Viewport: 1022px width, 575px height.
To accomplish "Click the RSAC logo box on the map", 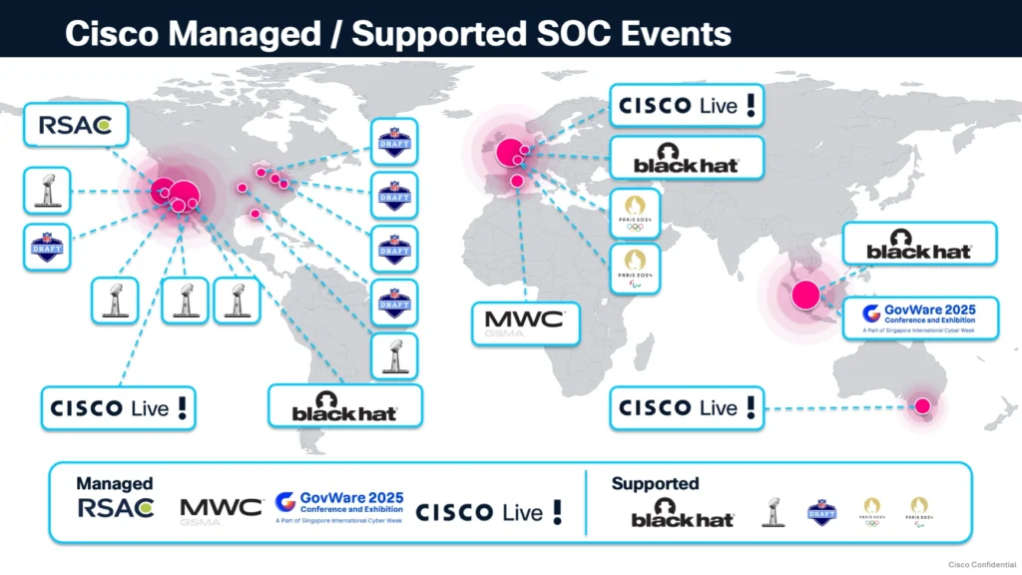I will (x=75, y=126).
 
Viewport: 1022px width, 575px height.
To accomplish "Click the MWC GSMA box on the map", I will (x=525, y=322).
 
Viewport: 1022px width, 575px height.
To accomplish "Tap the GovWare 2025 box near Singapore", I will (x=920, y=316).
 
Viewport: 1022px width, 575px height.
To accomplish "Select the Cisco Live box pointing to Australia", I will (x=687, y=407).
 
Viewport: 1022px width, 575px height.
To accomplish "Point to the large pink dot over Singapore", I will (x=805, y=294).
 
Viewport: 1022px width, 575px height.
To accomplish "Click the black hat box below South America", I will (x=345, y=407).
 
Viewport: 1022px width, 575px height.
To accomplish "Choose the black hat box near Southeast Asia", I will (x=919, y=244).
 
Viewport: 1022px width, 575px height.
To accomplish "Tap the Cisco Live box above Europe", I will (x=687, y=106).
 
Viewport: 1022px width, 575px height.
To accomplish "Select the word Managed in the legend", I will (x=115, y=483).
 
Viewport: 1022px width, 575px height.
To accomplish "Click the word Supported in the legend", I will (x=655, y=483).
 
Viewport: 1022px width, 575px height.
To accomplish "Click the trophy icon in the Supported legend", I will (x=771, y=512).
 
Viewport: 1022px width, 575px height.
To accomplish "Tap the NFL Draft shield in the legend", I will (x=821, y=512).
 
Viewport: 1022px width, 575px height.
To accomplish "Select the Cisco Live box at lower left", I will (x=119, y=407).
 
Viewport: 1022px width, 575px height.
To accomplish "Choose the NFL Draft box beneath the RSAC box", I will (x=47, y=247).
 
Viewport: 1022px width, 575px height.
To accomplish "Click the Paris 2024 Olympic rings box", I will (x=635, y=214).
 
